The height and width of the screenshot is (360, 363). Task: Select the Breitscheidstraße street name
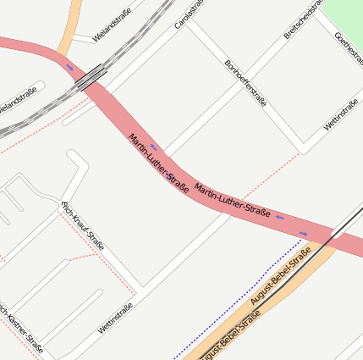click(x=303, y=19)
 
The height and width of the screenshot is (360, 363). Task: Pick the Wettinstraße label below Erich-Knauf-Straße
click(x=115, y=318)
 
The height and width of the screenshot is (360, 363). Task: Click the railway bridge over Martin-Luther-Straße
click(x=91, y=77)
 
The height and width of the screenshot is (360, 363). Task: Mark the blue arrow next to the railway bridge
click(x=70, y=67)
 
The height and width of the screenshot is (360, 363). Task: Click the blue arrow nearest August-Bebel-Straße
click(x=304, y=234)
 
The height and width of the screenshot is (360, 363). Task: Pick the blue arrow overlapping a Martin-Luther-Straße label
click(x=170, y=176)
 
